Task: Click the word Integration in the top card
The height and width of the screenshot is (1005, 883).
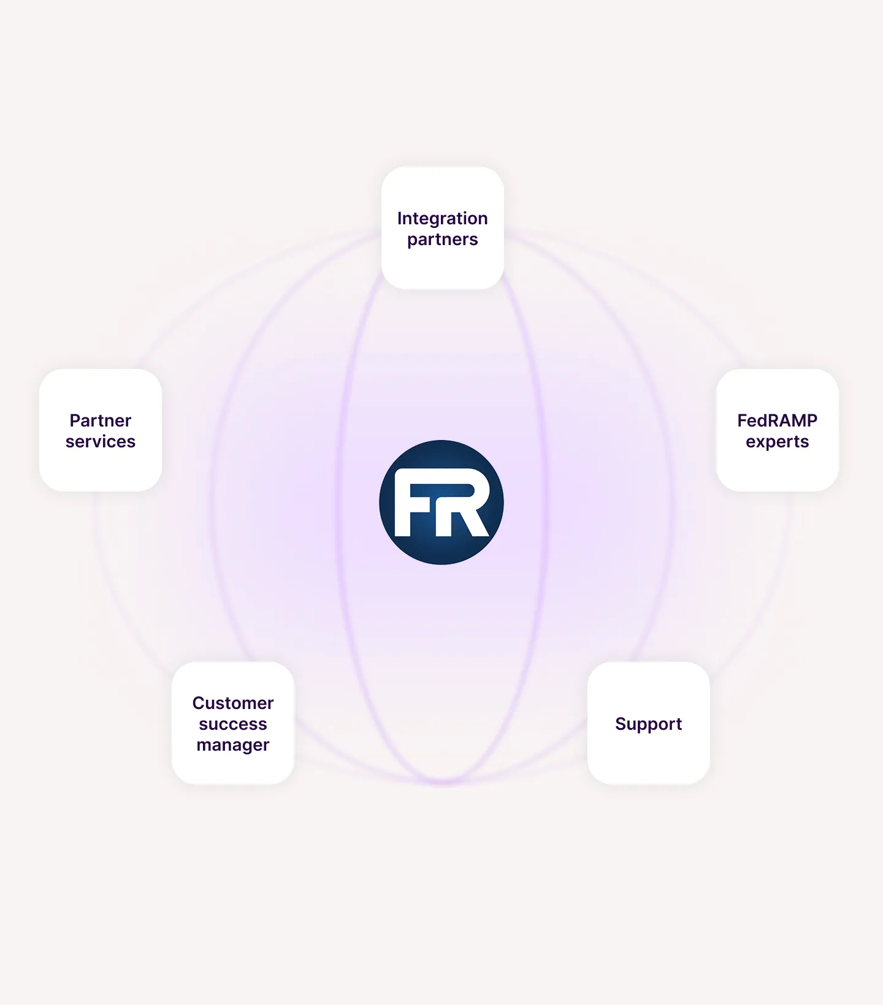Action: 442,219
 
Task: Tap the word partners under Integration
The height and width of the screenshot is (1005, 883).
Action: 442,240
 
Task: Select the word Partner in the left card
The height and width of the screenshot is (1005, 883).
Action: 101,421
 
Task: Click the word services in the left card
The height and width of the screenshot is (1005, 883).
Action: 101,442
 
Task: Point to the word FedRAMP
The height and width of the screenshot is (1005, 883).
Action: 777,421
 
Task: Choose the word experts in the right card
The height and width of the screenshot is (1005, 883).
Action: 777,442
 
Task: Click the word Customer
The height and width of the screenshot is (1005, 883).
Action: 233,703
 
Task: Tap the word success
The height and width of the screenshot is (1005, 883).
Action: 233,724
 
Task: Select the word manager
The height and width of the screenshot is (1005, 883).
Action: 233,745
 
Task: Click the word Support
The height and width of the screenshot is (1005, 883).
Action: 648,724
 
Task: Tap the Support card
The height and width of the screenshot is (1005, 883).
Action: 648,760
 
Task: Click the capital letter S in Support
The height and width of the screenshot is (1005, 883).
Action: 620,724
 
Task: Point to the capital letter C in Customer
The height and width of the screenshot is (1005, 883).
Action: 198,703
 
